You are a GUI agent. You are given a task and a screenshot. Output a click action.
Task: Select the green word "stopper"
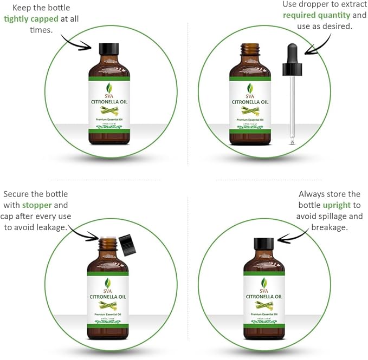coord(37,205)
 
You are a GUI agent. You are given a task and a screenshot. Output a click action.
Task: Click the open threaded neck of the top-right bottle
coord(249,50)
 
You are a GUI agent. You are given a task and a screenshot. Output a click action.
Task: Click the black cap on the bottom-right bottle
coord(263,243)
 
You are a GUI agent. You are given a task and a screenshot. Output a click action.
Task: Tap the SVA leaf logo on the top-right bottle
coord(250,89)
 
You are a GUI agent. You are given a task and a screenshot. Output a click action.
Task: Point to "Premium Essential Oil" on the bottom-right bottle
coord(264,315)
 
